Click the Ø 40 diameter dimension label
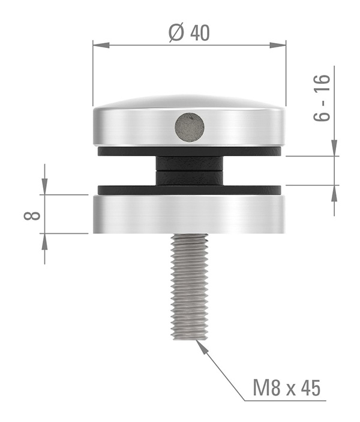click(190, 33)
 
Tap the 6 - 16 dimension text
click(322, 98)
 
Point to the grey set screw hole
click(189, 127)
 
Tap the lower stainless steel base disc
click(189, 214)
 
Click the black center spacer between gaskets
click(189, 170)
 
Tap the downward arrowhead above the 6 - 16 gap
click(334, 149)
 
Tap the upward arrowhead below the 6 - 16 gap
click(334, 192)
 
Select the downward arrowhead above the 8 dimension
click(44, 188)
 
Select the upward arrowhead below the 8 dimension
click(44, 240)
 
